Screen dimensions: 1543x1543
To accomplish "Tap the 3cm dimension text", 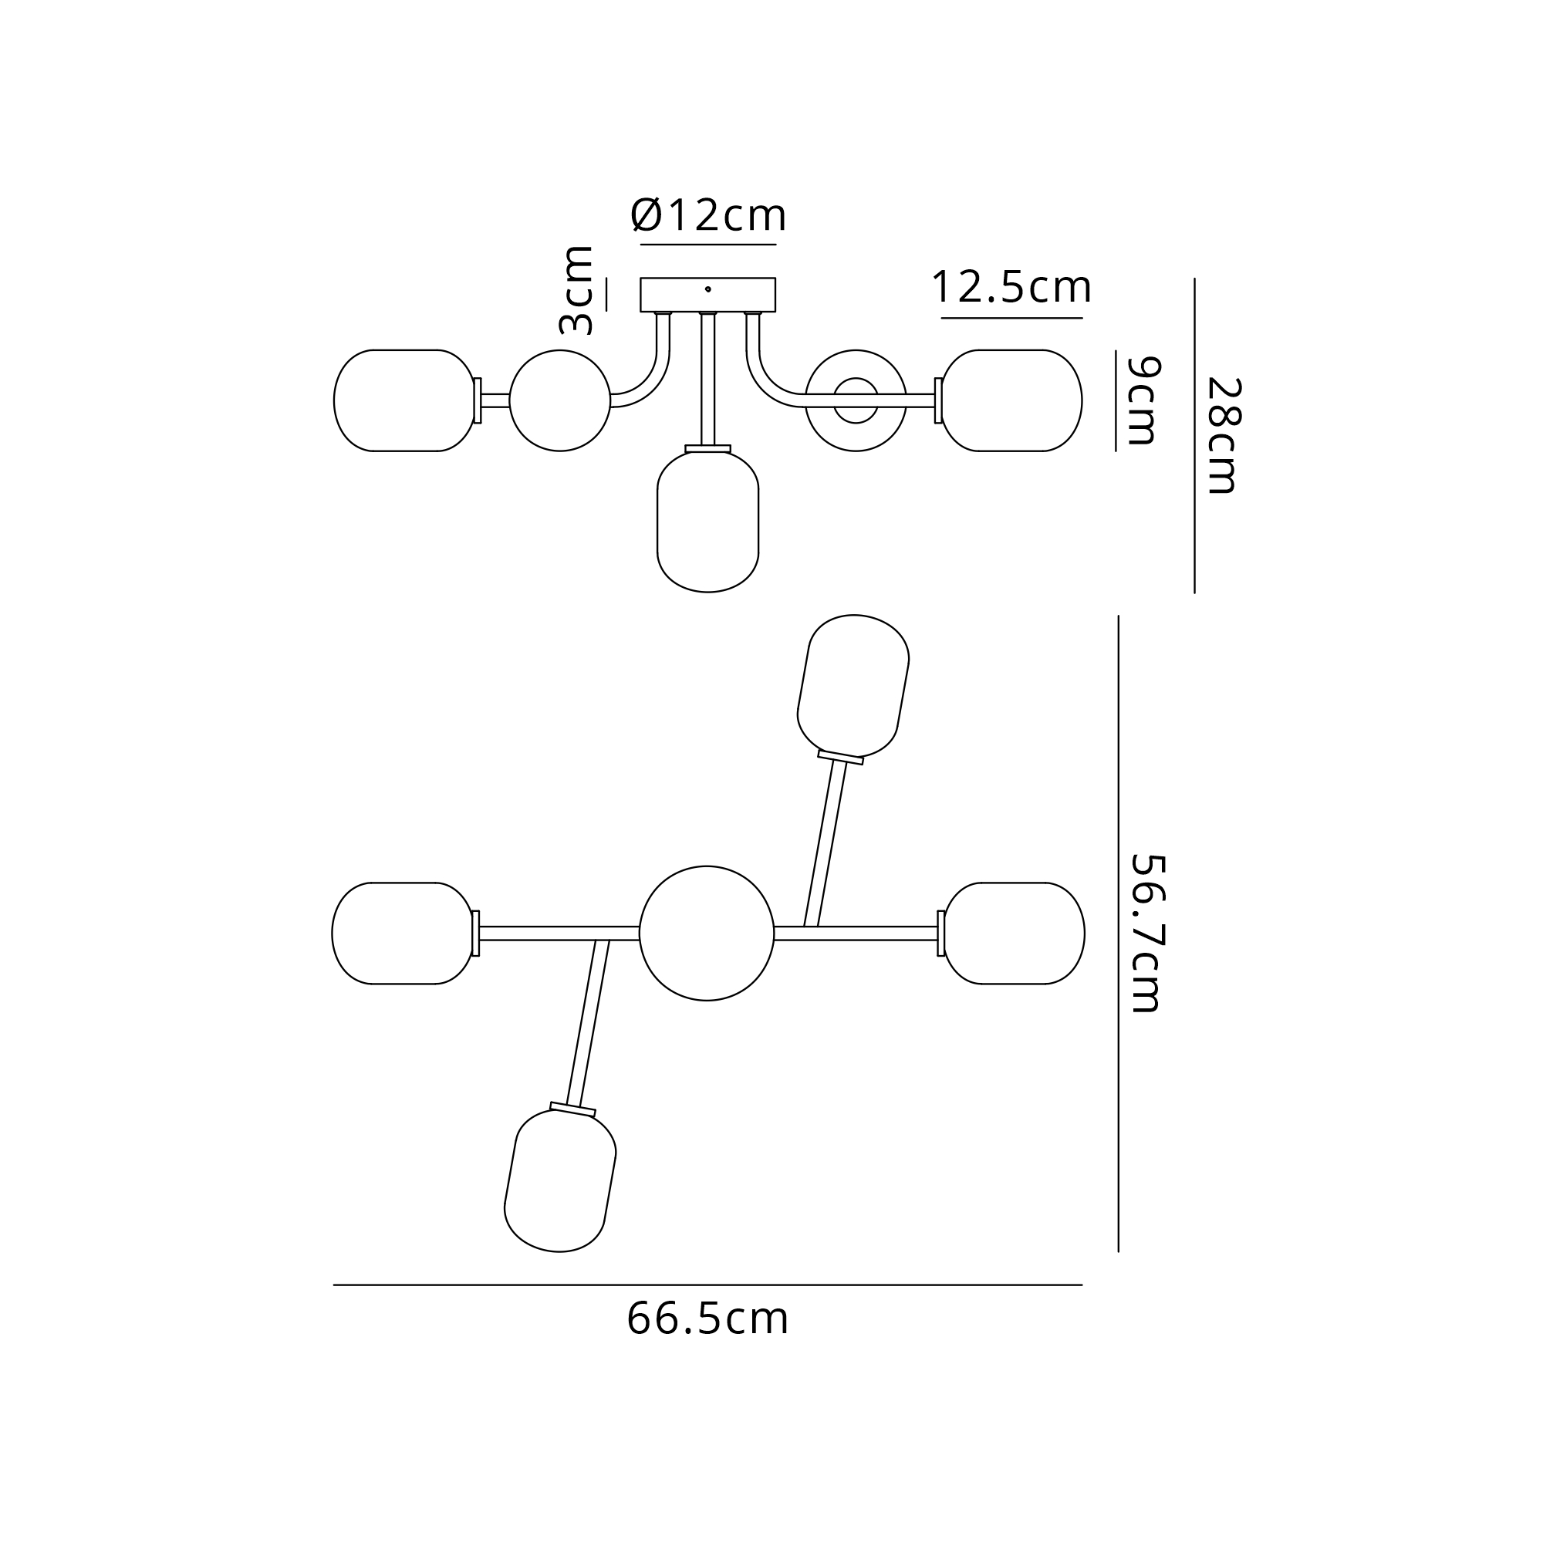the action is click(576, 290).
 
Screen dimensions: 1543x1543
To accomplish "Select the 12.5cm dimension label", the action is click(1011, 287).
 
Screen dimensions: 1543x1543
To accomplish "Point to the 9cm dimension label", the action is click(1142, 401).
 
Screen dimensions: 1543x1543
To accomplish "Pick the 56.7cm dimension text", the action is click(1148, 934).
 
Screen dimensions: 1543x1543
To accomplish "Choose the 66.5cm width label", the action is click(707, 1318).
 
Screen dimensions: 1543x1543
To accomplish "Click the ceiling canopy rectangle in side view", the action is click(707, 295).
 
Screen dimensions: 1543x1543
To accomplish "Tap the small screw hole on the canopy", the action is click(707, 289).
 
